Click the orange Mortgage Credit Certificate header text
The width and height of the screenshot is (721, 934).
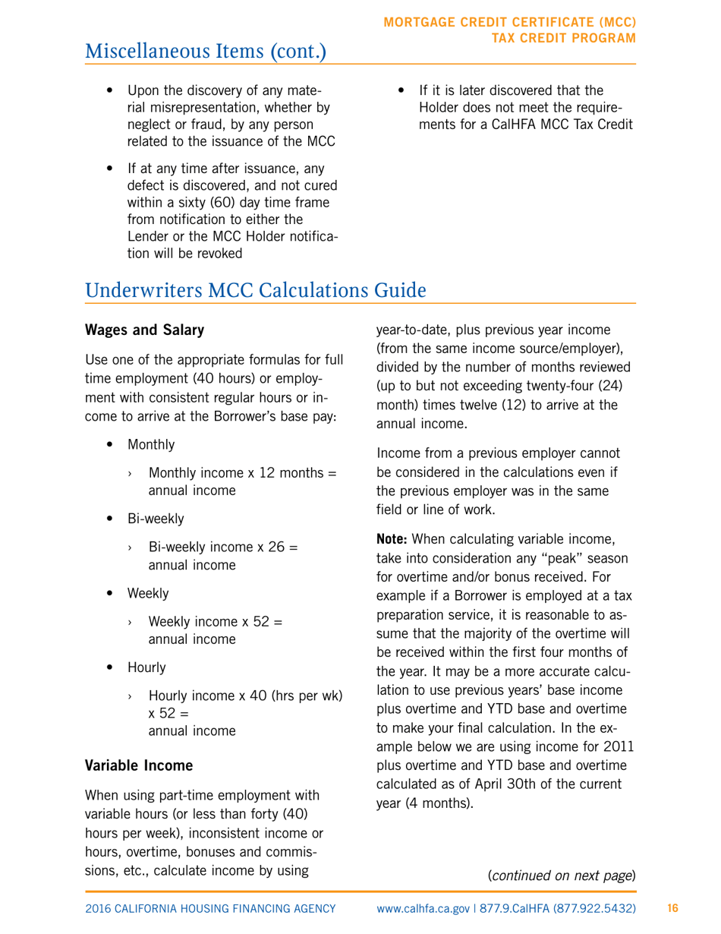(511, 28)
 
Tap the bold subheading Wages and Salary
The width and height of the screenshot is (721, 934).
(144, 330)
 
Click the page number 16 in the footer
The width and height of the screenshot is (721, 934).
(672, 908)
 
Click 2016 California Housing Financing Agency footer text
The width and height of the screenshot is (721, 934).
(210, 908)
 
